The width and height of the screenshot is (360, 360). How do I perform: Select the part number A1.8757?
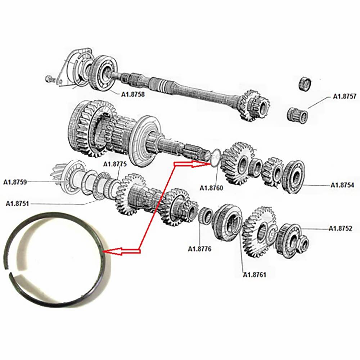(x=345, y=96)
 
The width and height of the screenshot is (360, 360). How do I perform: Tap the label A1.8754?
(x=342, y=185)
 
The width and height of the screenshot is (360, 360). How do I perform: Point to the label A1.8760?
(x=211, y=188)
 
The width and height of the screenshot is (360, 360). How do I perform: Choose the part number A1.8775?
(x=115, y=164)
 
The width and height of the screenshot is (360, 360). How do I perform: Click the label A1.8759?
(x=15, y=182)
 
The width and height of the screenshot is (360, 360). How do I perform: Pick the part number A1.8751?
(x=17, y=204)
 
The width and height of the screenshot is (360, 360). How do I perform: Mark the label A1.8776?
(x=199, y=248)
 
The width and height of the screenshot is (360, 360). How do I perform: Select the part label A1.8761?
(x=255, y=275)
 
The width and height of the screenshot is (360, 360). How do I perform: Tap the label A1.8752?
(x=340, y=229)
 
